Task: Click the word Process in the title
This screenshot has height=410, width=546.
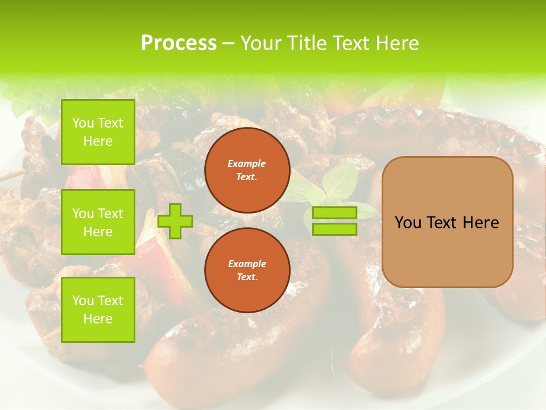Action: [x=179, y=43]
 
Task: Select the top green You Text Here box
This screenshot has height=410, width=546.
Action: [x=98, y=132]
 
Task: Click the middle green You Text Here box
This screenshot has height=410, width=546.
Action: [x=98, y=222]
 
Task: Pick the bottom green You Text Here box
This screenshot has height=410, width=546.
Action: [x=98, y=310]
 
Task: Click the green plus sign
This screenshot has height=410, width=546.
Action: [x=175, y=221]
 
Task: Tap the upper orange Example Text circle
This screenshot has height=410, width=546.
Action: [x=247, y=170]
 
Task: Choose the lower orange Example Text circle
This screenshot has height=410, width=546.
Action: [x=247, y=270]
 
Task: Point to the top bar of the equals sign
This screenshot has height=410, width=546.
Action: [x=334, y=213]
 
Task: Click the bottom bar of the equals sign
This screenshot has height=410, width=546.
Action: [x=334, y=229]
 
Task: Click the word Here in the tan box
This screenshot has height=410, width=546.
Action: [x=481, y=223]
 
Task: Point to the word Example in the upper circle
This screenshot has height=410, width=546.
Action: [x=247, y=163]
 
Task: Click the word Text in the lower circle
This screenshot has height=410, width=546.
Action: [x=247, y=277]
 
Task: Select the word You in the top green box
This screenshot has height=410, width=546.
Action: [x=82, y=123]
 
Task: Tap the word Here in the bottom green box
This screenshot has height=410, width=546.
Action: [x=98, y=319]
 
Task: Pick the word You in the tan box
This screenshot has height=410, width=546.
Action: [x=408, y=223]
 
